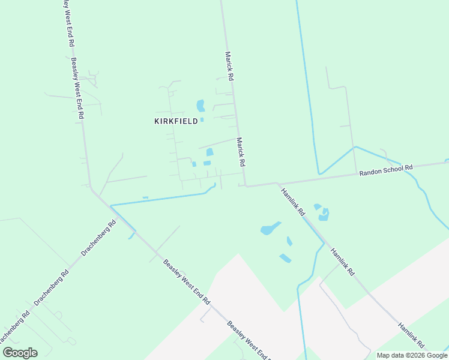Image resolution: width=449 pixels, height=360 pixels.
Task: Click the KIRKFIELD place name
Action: pyautogui.click(x=176, y=121)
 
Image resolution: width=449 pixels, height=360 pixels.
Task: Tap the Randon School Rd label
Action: pyautogui.click(x=387, y=171)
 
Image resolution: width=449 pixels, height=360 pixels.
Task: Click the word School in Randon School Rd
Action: pyautogui.click(x=391, y=170)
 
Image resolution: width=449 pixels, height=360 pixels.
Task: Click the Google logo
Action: pyautogui.click(x=20, y=353)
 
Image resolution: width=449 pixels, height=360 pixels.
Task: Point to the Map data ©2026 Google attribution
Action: pyautogui.click(x=412, y=355)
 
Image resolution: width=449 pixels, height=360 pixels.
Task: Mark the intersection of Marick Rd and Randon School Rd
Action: pyautogui.click(x=245, y=185)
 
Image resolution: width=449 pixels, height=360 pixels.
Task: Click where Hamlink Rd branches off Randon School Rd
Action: pyautogui.click(x=277, y=183)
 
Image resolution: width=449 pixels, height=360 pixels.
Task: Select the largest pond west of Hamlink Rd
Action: pyautogui.click(x=270, y=229)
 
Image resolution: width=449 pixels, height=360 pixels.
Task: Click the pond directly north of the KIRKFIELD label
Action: pyautogui.click(x=200, y=106)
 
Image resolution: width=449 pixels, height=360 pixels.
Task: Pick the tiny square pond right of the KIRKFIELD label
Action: pyautogui.click(x=202, y=119)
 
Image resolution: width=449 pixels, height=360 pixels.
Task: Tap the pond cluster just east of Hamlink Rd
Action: pyautogui.click(x=322, y=211)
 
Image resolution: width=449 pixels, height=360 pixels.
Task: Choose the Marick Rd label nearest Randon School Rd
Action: pyautogui.click(x=241, y=152)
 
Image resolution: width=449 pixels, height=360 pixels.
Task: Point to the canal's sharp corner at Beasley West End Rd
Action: pyautogui.click(x=111, y=206)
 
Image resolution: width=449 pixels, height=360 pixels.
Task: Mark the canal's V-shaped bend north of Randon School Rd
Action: pyautogui.click(x=320, y=174)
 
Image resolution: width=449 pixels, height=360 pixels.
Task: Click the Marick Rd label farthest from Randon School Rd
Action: pyautogui.click(x=229, y=65)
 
